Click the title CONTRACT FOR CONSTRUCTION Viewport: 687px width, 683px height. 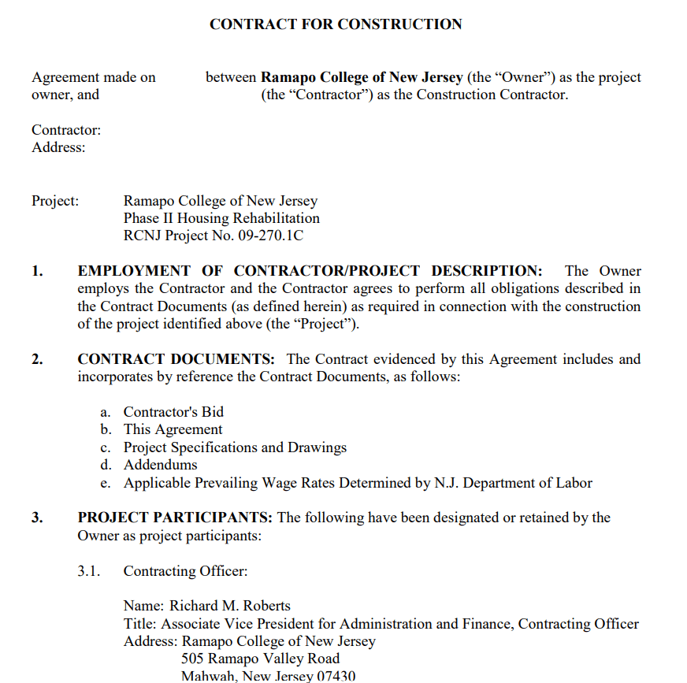(336, 24)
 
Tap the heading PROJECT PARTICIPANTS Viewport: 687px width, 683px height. (175, 518)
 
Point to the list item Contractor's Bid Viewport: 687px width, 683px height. (173, 411)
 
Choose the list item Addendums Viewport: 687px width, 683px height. (160, 465)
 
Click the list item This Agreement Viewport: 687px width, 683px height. (173, 429)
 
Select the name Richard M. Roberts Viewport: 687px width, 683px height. (230, 606)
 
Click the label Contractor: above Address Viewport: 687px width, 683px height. (66, 130)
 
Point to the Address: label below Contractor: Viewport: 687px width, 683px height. (58, 147)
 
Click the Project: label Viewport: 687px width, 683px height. (55, 201)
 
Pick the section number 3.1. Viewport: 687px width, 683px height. (89, 571)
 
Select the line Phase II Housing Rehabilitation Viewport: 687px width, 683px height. (221, 218)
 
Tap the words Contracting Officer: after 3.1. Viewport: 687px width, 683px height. (185, 571)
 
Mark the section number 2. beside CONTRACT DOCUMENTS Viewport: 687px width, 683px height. (37, 359)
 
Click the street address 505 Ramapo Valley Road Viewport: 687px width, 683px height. (260, 659)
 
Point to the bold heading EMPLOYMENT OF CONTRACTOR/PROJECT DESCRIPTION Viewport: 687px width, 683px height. (310, 271)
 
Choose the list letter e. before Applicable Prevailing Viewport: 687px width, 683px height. (106, 483)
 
